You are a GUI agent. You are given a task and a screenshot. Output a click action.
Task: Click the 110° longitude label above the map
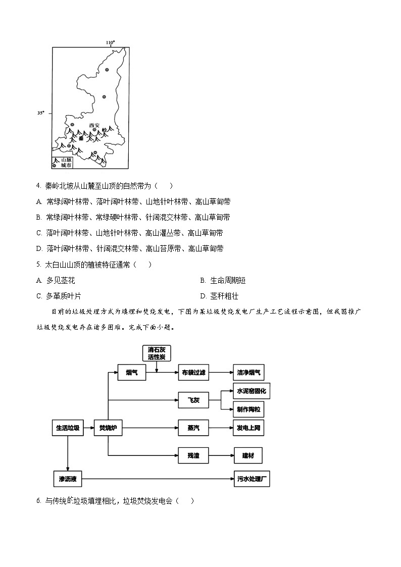(x=110, y=42)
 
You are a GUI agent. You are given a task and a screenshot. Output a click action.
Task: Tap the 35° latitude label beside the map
(x=41, y=113)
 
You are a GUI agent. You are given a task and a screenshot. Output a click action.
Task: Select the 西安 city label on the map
(x=95, y=125)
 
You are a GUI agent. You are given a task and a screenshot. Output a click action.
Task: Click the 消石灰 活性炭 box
(x=157, y=353)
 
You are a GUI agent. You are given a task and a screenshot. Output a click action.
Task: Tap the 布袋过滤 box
(x=193, y=373)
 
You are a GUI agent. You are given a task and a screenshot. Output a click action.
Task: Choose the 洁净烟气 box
(x=248, y=373)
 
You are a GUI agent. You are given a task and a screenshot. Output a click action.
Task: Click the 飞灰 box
(x=193, y=400)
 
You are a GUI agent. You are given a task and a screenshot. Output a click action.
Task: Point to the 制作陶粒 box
(x=248, y=409)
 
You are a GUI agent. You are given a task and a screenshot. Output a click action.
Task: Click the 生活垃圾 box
(x=67, y=428)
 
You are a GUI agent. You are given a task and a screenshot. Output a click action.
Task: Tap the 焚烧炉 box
(x=108, y=428)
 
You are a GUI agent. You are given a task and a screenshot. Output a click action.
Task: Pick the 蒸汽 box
(x=193, y=428)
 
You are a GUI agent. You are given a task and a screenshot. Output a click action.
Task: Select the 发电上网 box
(x=248, y=428)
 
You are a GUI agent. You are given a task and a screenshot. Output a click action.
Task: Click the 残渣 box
(x=193, y=455)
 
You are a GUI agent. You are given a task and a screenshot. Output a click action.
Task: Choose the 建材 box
(x=248, y=455)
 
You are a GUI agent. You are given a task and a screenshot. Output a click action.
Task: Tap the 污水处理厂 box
(x=252, y=478)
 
